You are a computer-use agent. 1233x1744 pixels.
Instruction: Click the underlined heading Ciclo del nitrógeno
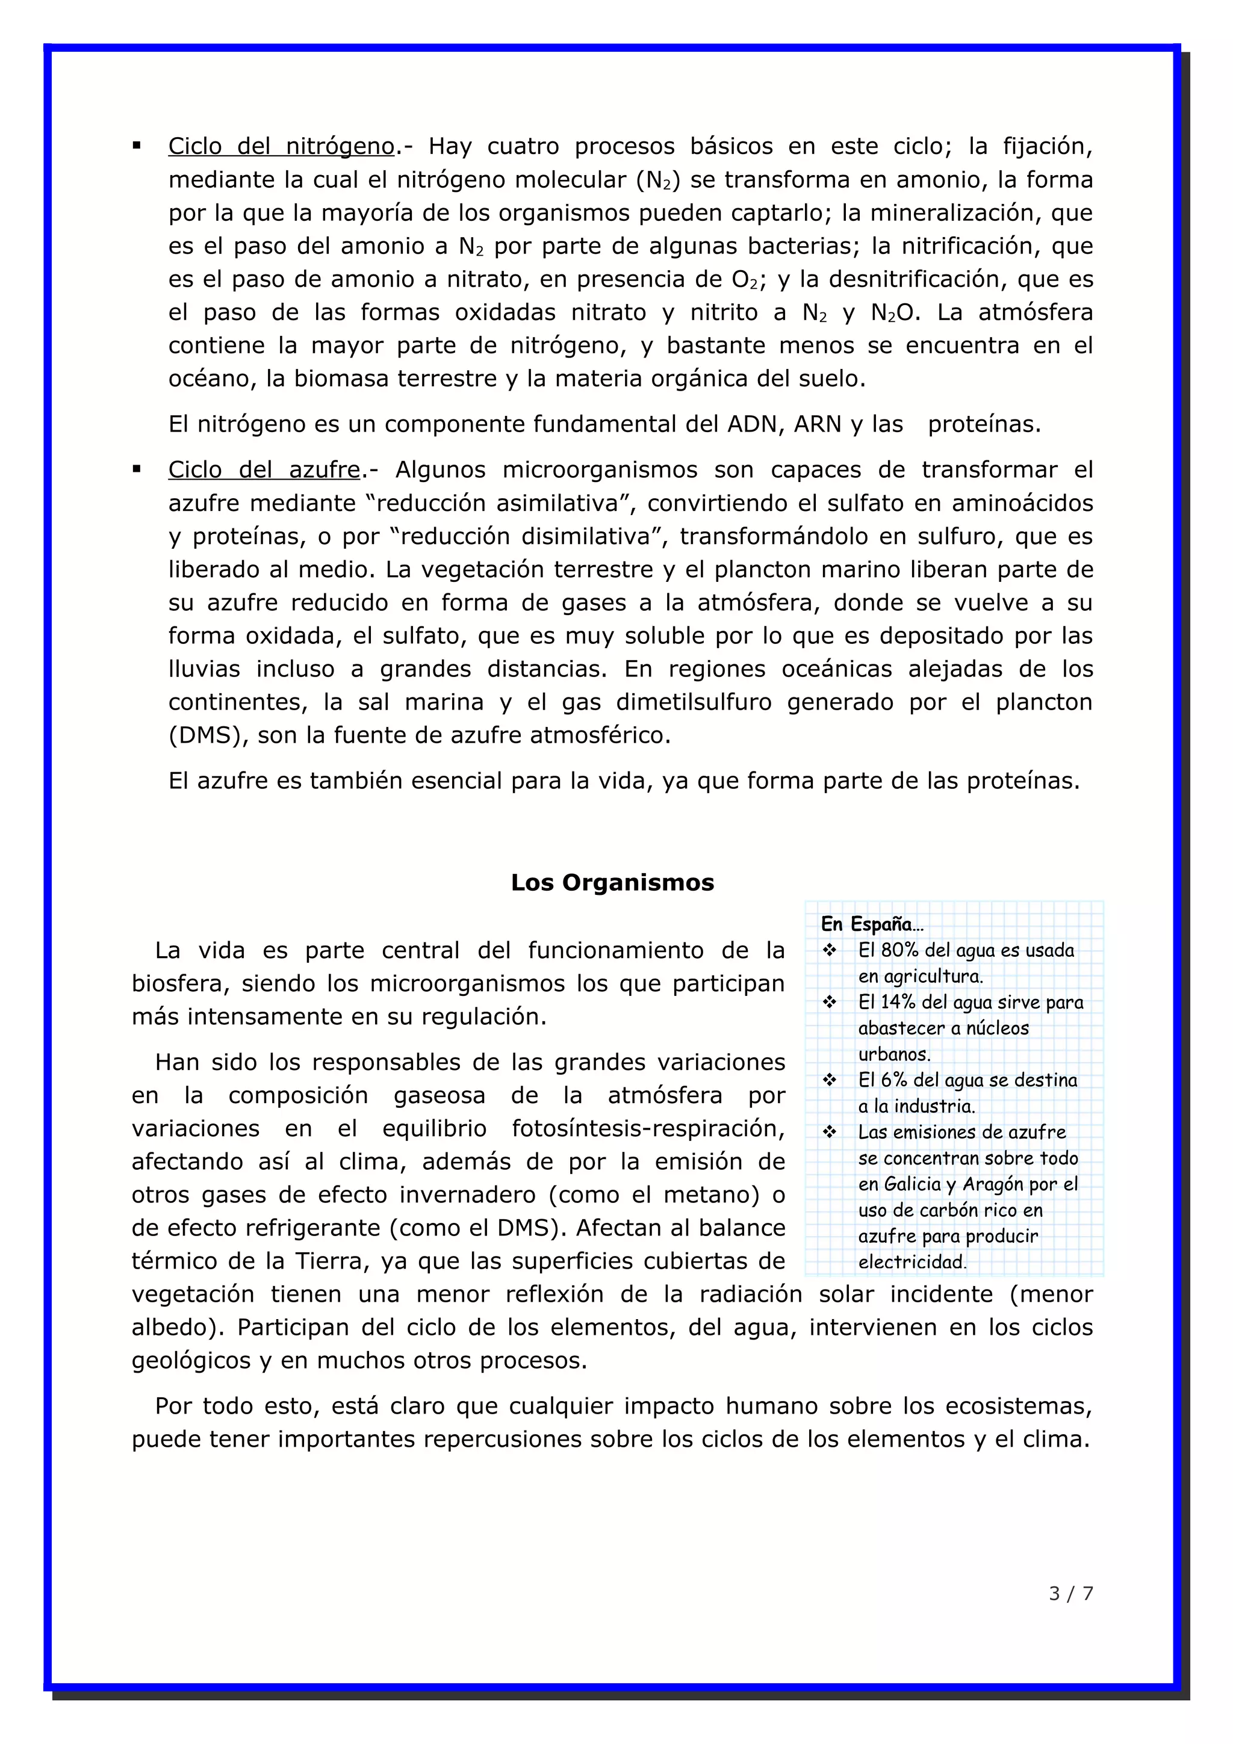281,146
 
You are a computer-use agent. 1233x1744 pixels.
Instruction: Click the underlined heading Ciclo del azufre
264,469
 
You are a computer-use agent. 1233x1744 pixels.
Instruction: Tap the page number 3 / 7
1070,1593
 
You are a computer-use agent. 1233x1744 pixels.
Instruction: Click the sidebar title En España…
871,924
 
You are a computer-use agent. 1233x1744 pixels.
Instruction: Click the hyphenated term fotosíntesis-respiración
648,1128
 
